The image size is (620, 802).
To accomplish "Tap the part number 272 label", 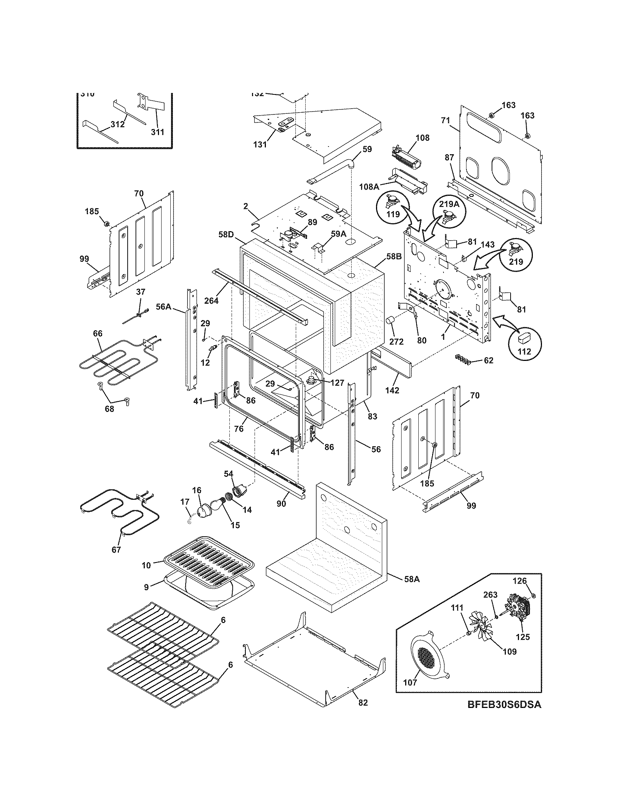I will [396, 342].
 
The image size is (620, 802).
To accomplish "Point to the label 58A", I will [411, 580].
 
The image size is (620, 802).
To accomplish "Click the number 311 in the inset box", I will [158, 132].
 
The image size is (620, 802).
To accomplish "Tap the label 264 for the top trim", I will [211, 301].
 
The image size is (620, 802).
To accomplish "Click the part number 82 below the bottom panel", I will [363, 702].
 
